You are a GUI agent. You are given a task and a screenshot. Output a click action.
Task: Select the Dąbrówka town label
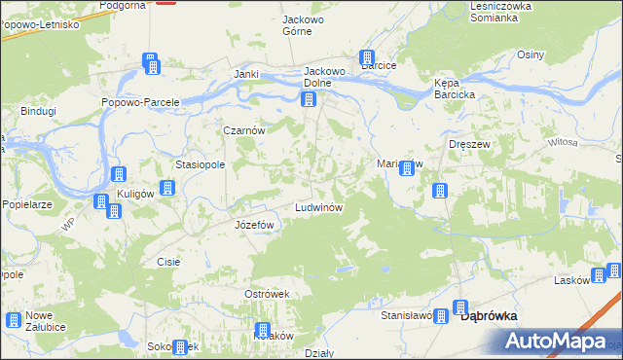pos(488,315)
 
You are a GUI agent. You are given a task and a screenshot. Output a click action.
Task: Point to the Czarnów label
pos(244,130)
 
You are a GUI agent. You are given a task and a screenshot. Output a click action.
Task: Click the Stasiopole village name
pos(200,165)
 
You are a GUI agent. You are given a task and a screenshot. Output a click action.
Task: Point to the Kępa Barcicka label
pos(454,89)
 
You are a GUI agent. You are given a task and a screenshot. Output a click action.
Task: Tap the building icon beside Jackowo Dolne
pos(309,99)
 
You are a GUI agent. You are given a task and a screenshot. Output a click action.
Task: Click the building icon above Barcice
pos(368,57)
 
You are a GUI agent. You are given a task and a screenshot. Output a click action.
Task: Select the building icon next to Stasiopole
pos(166,185)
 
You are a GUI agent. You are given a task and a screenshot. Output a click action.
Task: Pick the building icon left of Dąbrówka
pos(441,315)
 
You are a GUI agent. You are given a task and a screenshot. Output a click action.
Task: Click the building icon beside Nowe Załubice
pos(14,319)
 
